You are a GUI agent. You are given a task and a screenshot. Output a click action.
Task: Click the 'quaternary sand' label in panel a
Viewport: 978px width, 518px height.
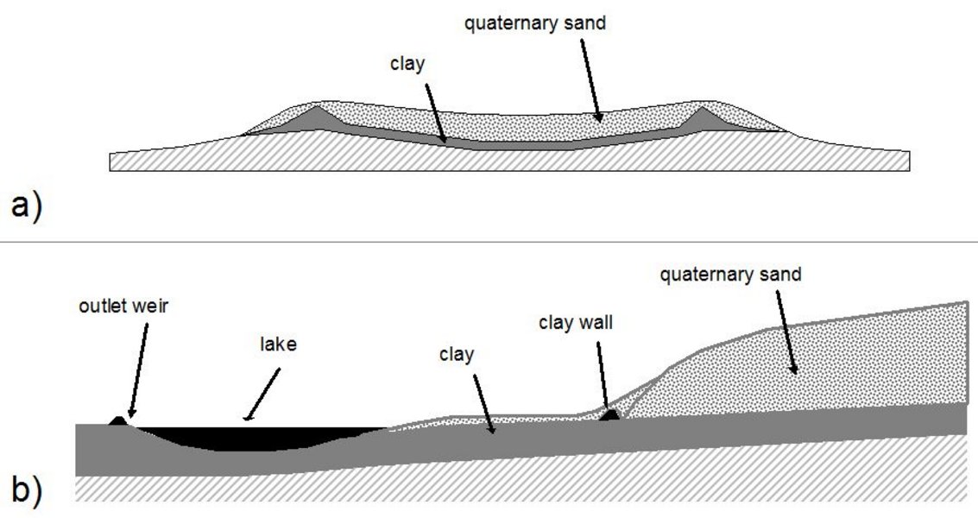click(534, 23)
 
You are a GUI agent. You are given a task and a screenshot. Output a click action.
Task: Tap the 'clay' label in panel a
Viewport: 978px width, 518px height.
click(407, 64)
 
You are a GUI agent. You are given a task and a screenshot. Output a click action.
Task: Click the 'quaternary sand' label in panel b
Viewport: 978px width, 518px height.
click(730, 275)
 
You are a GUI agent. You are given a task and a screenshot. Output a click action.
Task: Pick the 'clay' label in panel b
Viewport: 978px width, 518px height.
click(457, 354)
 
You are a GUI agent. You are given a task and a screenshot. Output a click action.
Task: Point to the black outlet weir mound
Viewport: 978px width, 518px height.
click(119, 420)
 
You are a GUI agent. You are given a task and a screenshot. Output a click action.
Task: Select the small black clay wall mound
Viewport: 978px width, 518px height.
click(609, 415)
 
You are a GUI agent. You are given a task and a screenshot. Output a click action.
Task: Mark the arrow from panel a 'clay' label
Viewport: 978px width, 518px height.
click(432, 107)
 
